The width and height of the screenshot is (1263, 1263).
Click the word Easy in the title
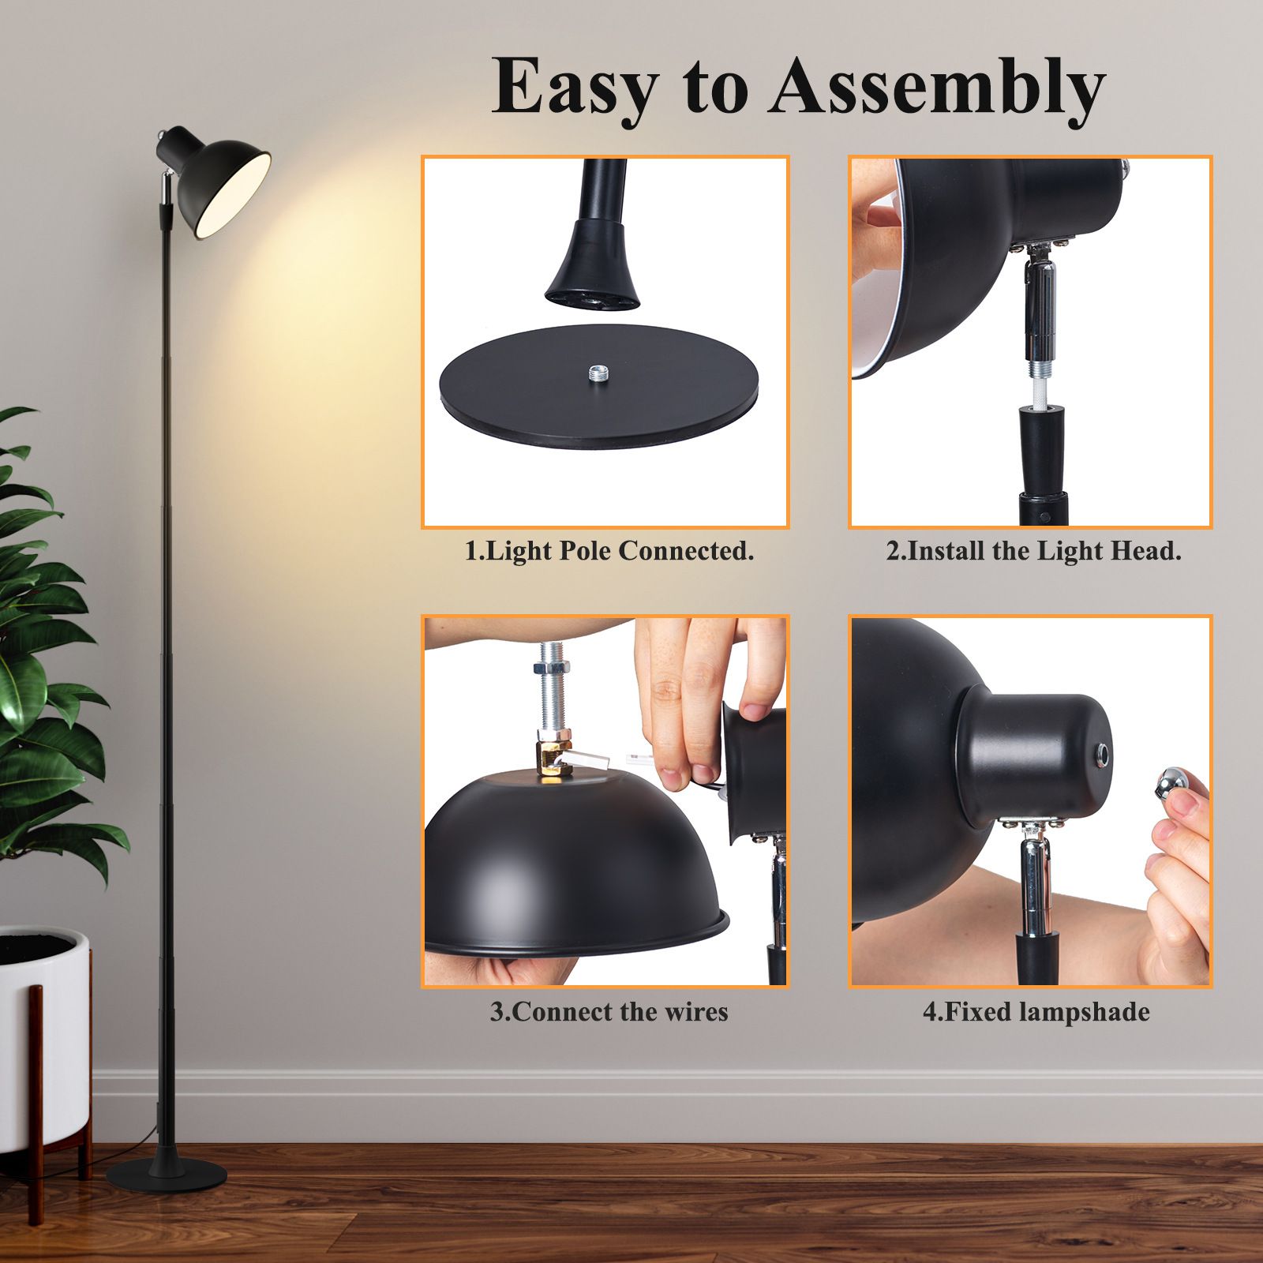tap(574, 87)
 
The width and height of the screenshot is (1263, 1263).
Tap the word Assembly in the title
tap(938, 88)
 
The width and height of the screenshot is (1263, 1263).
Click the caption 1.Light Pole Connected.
tap(609, 551)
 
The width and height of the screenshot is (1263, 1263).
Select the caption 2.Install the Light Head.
tap(1033, 551)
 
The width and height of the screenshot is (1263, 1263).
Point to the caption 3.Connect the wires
tap(609, 1012)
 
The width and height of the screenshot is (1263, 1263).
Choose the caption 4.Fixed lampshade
tap(1036, 1012)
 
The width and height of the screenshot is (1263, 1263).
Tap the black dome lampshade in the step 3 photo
tap(568, 868)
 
